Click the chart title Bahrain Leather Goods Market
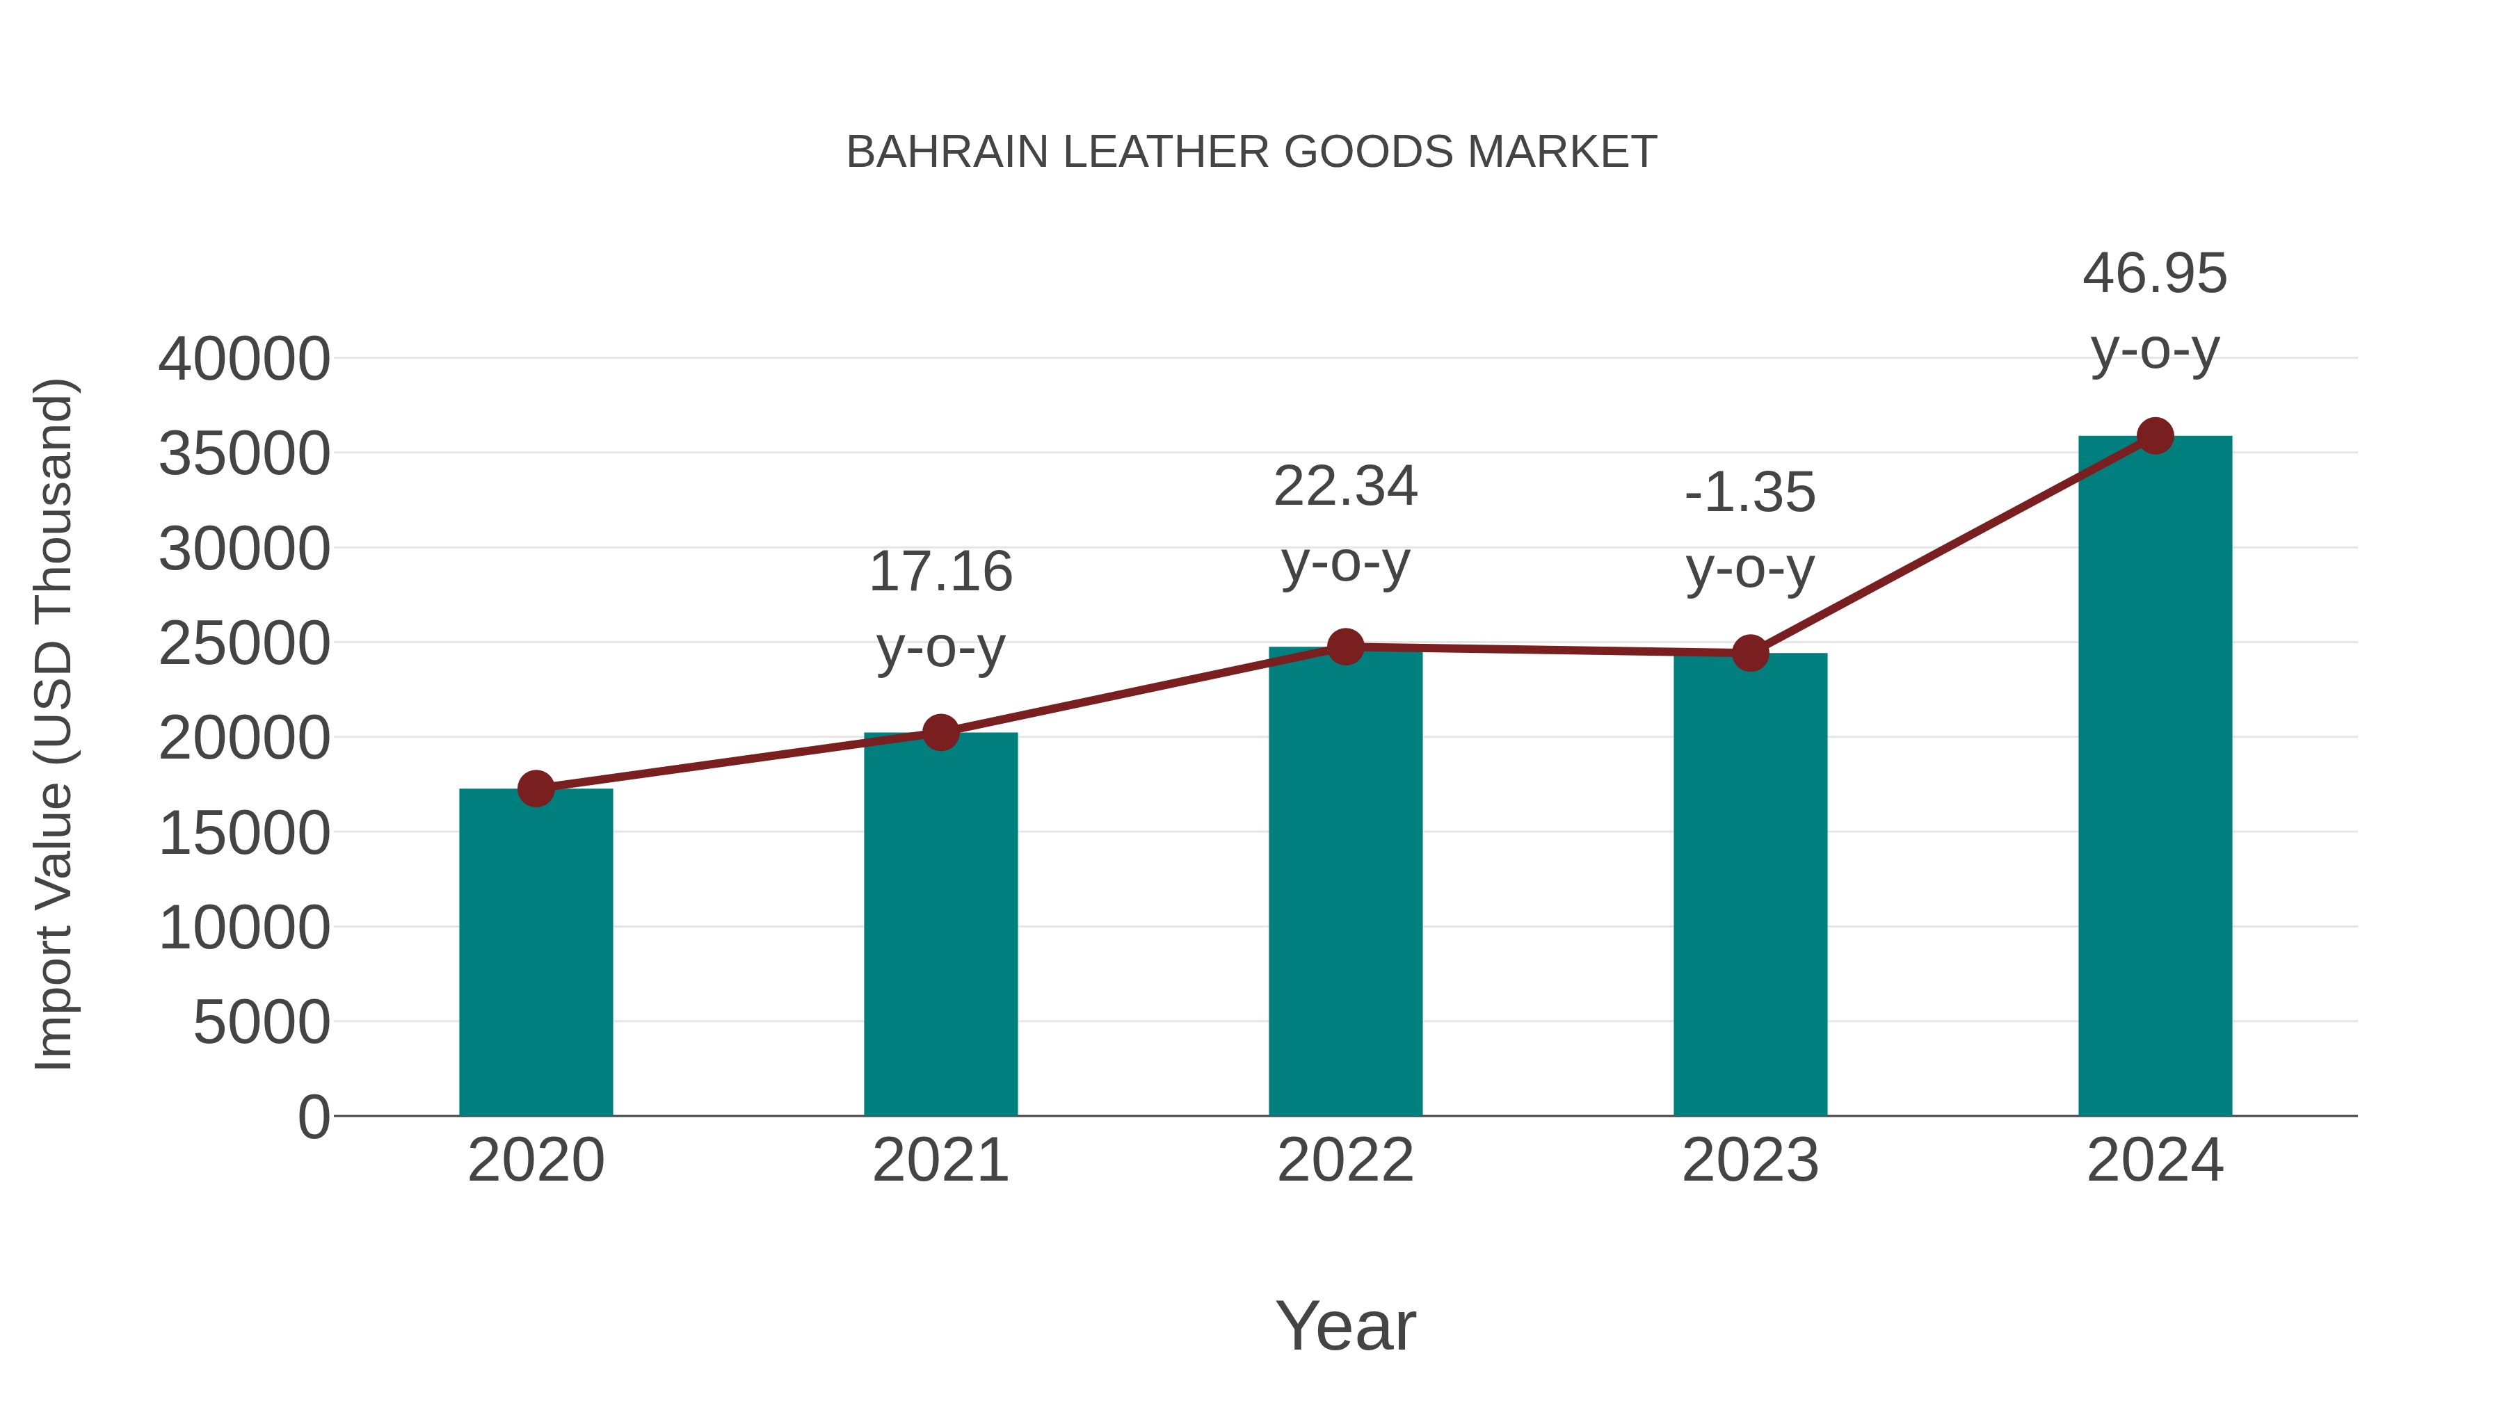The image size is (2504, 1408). coord(1251,152)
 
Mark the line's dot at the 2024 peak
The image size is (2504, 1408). coord(2155,436)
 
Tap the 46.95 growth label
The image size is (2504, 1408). coord(2155,273)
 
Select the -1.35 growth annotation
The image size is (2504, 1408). coord(1750,493)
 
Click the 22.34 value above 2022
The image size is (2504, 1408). coord(1345,486)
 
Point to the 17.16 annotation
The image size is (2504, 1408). coord(940,572)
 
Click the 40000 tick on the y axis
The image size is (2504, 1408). coord(244,359)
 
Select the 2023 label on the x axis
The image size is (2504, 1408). coord(1750,1160)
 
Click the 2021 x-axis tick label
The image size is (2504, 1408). coord(940,1160)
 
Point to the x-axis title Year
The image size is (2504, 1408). coord(1345,1325)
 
